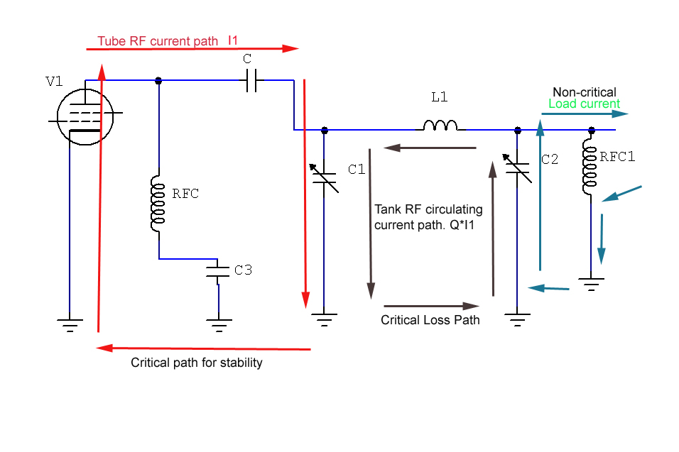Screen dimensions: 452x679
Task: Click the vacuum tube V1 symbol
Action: pos(85,117)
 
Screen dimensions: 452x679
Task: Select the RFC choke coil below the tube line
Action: pos(158,204)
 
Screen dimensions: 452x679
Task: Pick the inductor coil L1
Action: pos(440,126)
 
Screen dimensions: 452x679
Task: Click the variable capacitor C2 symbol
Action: pos(518,167)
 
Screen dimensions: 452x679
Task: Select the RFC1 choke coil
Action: pos(590,167)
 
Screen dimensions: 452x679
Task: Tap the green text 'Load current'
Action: pos(584,104)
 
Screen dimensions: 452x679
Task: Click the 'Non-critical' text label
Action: pos(585,92)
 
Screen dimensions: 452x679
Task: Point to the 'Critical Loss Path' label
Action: pos(430,320)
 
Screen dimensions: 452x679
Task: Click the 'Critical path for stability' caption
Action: pos(197,363)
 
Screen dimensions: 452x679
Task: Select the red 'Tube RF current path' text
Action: pos(158,41)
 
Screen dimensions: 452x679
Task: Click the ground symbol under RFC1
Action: pos(590,283)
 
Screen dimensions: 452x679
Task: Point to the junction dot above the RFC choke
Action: pos(158,81)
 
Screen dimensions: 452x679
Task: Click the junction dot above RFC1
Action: pos(590,131)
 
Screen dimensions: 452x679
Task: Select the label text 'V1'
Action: pos(54,81)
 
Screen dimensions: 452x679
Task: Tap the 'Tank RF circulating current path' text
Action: pos(428,216)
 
